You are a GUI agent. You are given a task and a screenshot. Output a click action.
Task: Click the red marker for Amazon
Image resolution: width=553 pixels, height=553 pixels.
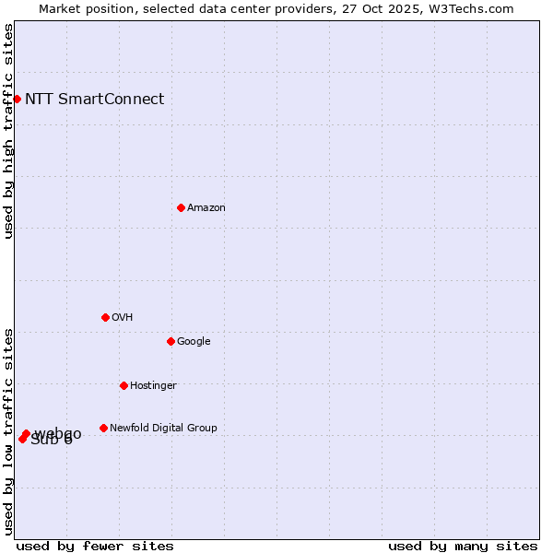181,207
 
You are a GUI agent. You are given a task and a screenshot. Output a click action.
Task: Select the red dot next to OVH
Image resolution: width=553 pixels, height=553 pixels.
105,317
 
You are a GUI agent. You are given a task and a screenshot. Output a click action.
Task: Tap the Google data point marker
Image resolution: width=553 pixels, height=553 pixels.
171,341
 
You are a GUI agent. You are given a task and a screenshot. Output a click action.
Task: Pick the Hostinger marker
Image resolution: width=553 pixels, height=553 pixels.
124,385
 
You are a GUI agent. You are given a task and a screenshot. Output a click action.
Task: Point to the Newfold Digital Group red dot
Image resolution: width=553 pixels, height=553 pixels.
103,428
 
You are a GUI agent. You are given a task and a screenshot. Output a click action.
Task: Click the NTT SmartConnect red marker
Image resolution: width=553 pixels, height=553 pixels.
17,99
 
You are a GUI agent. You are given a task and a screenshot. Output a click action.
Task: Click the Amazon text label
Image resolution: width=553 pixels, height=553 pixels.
206,208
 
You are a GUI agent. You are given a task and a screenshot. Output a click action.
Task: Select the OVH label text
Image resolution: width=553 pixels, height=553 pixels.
123,318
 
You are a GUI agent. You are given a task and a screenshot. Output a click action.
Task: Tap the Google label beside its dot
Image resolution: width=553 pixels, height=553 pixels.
194,342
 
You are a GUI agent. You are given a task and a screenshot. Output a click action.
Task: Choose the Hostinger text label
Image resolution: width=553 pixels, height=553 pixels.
153,386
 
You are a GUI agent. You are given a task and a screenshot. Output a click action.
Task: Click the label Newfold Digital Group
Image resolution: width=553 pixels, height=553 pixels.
163,429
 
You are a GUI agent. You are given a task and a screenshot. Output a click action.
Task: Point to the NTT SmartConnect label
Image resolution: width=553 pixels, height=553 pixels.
94,100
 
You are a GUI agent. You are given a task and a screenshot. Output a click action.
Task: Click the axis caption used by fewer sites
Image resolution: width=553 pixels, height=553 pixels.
95,546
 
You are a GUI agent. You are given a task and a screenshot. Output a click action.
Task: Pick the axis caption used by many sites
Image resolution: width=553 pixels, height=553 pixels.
463,546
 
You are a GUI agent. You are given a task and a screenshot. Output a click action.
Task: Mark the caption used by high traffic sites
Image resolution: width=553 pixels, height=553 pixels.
9,131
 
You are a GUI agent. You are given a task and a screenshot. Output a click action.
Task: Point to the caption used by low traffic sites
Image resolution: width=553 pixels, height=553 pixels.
9,430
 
